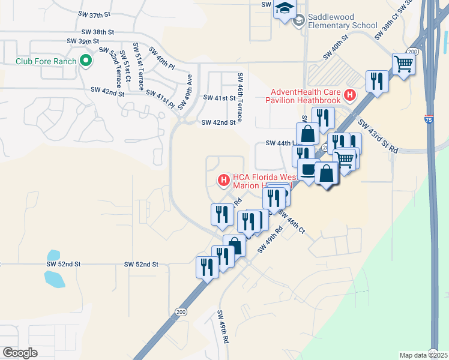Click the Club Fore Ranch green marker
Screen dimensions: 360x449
(x=85, y=61)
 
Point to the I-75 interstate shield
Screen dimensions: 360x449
(x=429, y=120)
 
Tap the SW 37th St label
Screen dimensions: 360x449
(x=94, y=13)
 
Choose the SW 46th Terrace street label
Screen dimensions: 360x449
(x=240, y=98)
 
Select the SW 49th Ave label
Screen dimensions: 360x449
(x=184, y=91)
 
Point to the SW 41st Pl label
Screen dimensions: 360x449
(x=160, y=99)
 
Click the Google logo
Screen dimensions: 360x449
(x=20, y=353)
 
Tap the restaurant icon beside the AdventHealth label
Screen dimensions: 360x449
(x=376, y=80)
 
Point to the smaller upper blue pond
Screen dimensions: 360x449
(x=53, y=256)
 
